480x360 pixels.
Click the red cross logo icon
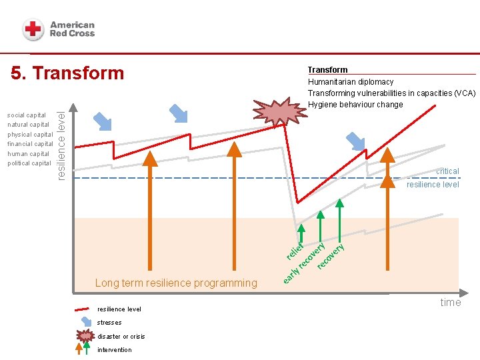pos(33,29)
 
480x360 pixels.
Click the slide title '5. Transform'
pos(67,73)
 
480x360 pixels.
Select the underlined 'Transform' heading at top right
pos(327,70)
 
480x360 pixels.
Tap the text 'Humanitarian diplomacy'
pos(351,82)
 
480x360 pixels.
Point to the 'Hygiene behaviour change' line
pos(355,105)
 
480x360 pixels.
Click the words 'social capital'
pos(27,115)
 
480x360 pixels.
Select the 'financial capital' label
pos(30,144)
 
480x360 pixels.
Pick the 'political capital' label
pos(29,163)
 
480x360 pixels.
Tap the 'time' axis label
pos(450,303)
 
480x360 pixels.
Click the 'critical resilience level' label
pos(434,178)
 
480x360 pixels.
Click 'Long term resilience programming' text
pos(176,283)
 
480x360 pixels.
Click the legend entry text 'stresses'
pos(109,323)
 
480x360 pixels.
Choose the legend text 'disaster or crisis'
pos(121,336)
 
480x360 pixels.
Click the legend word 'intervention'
pos(115,350)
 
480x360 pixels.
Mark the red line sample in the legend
pos(82,309)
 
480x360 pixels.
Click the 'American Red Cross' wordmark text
pos(72,29)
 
